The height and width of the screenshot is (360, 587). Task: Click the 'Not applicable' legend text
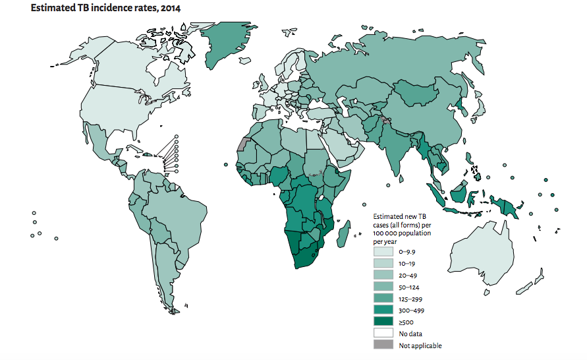[x=420, y=345]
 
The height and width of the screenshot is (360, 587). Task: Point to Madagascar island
[x=342, y=233]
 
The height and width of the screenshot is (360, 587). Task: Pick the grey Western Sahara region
[x=244, y=144]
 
